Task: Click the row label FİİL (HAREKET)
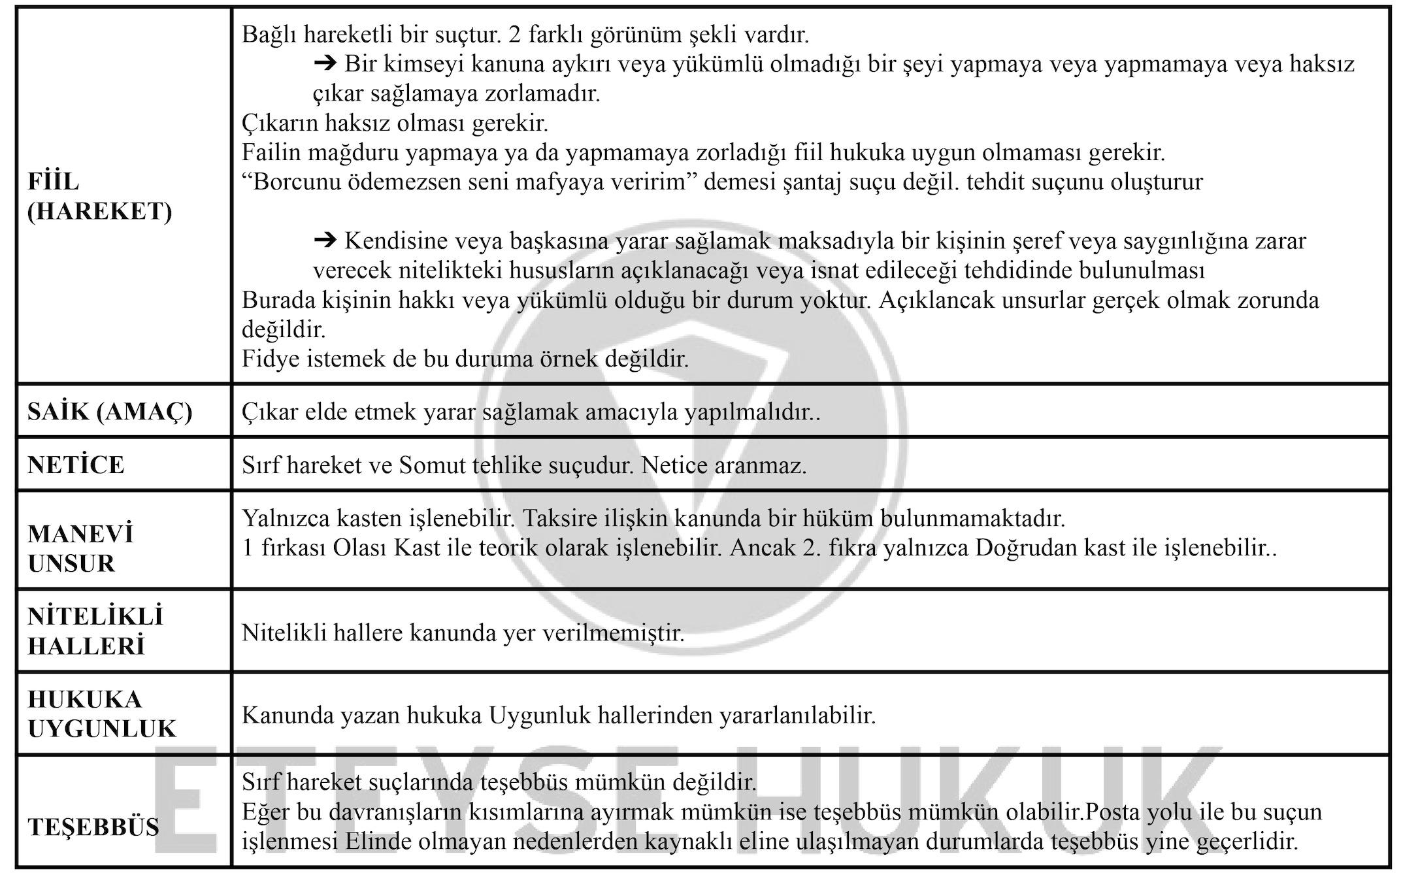tap(99, 197)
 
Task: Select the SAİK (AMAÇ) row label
tap(110, 412)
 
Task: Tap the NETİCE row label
tap(76, 465)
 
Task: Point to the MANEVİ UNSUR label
tap(80, 548)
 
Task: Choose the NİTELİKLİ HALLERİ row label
tap(95, 631)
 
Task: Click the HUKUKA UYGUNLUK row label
tap(102, 714)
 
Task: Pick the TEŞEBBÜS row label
tap(93, 827)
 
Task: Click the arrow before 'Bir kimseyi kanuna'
tap(324, 63)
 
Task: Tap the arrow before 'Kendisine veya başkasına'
tap(324, 241)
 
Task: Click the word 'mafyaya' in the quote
tap(559, 182)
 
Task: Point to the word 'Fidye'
tap(266, 359)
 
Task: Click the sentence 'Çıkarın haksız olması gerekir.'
tap(395, 123)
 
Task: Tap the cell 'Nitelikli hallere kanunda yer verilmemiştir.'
tap(463, 633)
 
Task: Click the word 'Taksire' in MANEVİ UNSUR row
tap(564, 518)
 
